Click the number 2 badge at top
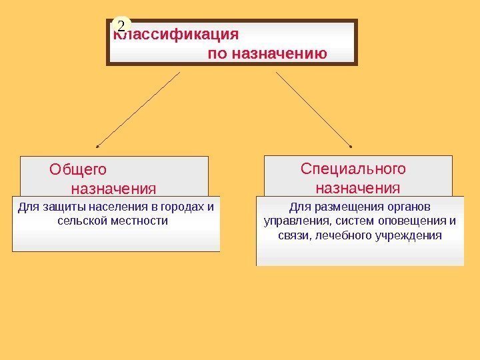point(121,25)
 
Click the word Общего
point(77,169)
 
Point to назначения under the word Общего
point(113,187)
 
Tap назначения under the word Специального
point(358,187)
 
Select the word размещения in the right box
point(345,206)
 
